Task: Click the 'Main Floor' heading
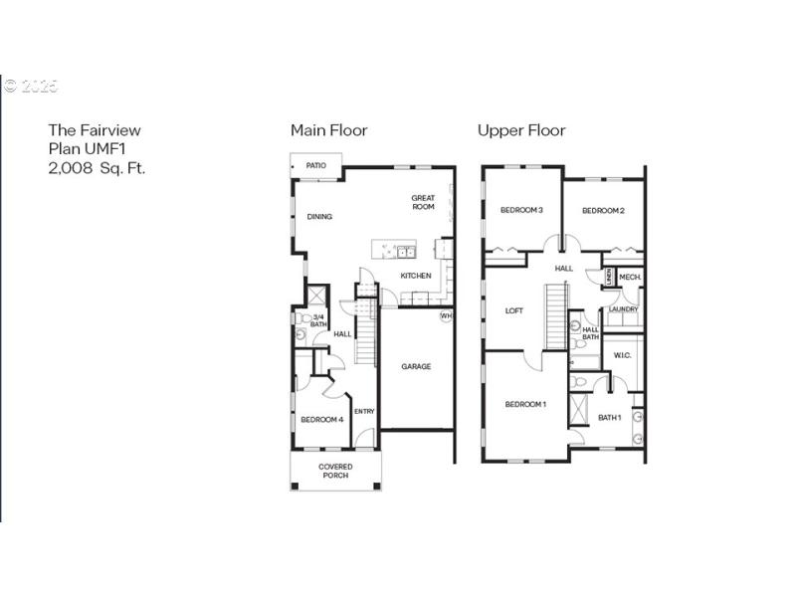coord(328,130)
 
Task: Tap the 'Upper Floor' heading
coord(521,130)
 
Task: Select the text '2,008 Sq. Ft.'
coord(97,168)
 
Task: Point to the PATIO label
coord(316,166)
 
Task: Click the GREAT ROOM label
coord(424,202)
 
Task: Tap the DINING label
coord(319,217)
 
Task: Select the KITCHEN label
coord(416,276)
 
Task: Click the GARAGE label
coord(416,366)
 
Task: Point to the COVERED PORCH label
coord(335,471)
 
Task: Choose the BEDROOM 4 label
coord(321,420)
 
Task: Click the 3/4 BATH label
coord(319,320)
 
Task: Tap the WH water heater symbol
coord(446,316)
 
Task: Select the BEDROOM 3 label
coord(521,210)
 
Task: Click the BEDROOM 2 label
coord(603,210)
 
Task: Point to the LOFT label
coord(513,310)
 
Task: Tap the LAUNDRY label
coord(624,309)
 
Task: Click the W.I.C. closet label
coord(622,355)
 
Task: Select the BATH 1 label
coord(610,417)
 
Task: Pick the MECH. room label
coord(630,278)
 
